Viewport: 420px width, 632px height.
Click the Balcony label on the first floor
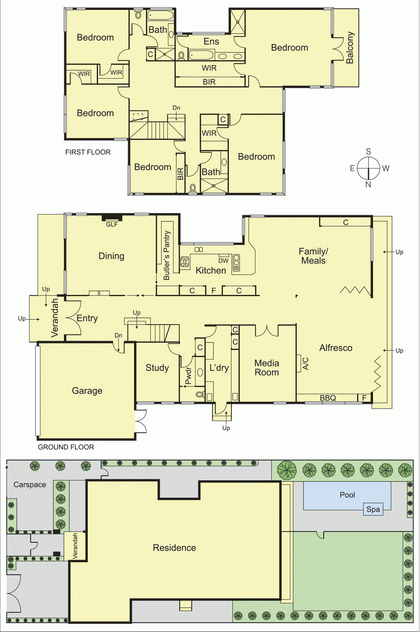coord(350,48)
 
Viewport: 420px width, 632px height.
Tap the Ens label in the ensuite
coord(211,41)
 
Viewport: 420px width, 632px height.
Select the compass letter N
coord(368,184)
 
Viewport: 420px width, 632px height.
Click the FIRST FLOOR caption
coord(88,152)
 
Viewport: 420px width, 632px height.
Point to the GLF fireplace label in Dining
coord(112,224)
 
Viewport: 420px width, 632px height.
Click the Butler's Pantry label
coord(167,255)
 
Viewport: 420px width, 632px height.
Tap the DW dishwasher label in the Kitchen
coord(223,261)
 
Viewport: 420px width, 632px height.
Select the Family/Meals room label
coord(314,256)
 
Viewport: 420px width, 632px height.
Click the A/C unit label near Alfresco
coord(305,363)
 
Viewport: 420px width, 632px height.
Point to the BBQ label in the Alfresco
coord(328,398)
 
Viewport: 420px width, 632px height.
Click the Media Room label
coord(267,368)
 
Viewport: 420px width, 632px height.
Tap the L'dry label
coord(219,368)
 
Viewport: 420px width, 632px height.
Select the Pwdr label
coord(188,376)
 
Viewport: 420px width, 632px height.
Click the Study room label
coord(157,368)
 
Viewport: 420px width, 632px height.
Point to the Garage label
coord(87,391)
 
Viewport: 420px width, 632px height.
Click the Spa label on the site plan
coord(373,509)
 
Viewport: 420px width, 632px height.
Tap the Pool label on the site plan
coord(347,495)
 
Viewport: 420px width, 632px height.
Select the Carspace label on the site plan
coord(30,485)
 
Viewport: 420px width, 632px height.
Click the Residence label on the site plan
coord(174,548)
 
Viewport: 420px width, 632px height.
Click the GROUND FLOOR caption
coord(66,447)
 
